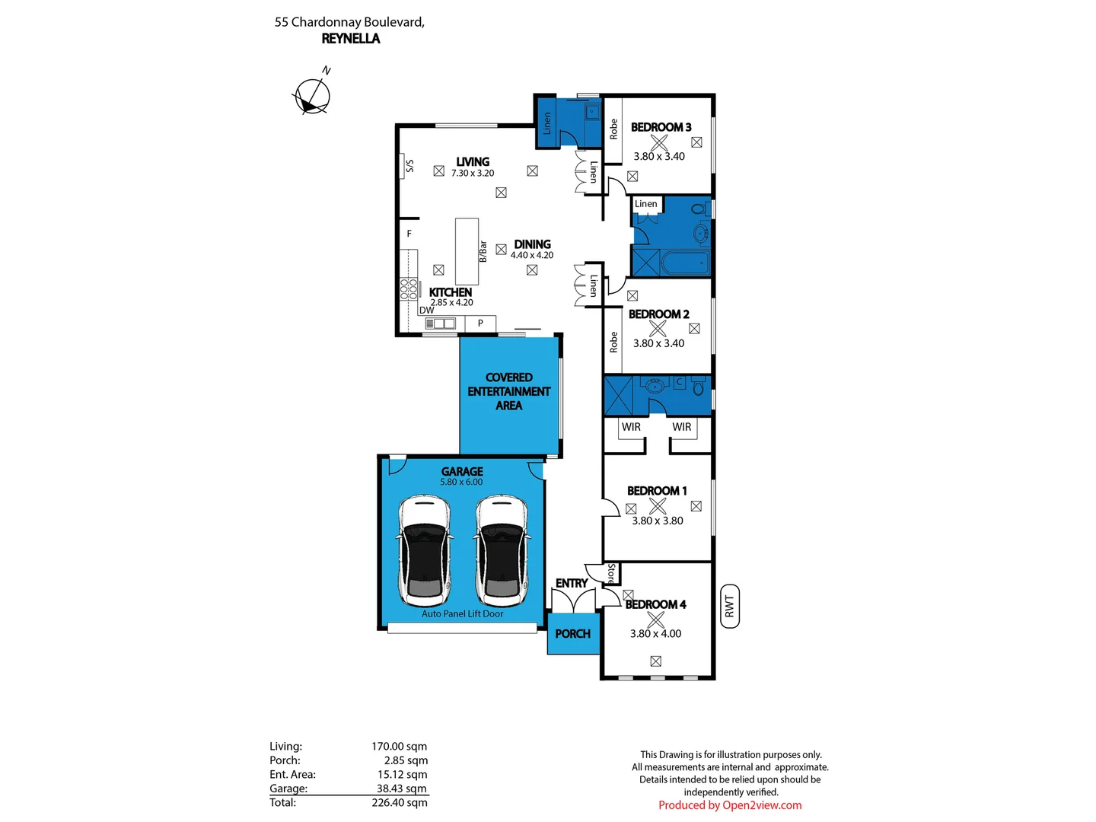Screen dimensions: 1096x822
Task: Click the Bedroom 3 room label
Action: pyautogui.click(x=661, y=127)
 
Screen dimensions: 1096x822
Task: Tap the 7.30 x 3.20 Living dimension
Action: pyautogui.click(x=473, y=174)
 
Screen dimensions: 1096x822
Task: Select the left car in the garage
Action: pyautogui.click(x=425, y=550)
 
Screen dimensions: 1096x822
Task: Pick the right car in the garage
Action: pyautogui.click(x=502, y=550)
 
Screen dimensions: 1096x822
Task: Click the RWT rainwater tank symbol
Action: pyautogui.click(x=729, y=607)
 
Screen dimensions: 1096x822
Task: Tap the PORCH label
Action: pyautogui.click(x=572, y=634)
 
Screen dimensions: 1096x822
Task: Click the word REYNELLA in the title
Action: pyautogui.click(x=351, y=39)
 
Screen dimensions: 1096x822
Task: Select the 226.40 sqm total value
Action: pyautogui.click(x=400, y=802)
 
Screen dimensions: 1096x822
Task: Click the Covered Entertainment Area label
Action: pyautogui.click(x=509, y=391)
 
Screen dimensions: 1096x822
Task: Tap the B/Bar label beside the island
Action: pyautogui.click(x=483, y=251)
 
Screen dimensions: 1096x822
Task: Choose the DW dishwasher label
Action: pyautogui.click(x=426, y=310)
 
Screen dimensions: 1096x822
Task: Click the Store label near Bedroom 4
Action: pyautogui.click(x=610, y=573)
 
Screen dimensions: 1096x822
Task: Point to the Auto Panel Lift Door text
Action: pyautogui.click(x=462, y=614)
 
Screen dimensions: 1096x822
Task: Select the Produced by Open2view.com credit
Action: pyautogui.click(x=730, y=805)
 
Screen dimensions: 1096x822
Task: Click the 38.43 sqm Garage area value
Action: pyautogui.click(x=401, y=789)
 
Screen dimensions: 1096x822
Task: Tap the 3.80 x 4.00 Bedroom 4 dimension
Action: pyautogui.click(x=655, y=633)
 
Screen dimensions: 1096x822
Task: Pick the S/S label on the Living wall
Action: pyautogui.click(x=409, y=166)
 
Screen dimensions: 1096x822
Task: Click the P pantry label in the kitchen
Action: pyautogui.click(x=480, y=323)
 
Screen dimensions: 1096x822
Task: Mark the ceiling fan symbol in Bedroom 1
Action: pyautogui.click(x=658, y=506)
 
